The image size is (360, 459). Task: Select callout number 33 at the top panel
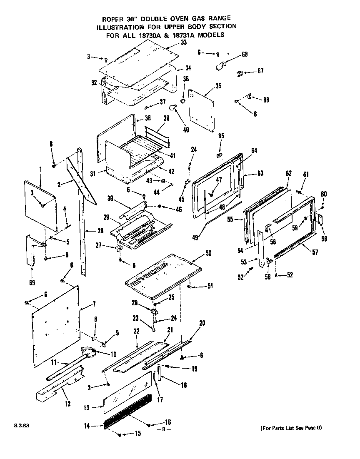tap(172, 42)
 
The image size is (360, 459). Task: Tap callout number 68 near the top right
tap(245, 55)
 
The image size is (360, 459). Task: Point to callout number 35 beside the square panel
tap(218, 86)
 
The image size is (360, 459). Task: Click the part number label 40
tap(186, 130)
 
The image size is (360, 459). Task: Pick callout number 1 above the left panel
tap(41, 170)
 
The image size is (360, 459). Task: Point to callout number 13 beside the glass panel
tap(86, 408)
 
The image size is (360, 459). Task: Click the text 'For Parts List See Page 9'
tap(291, 428)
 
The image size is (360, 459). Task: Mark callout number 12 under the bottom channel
tap(67, 404)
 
